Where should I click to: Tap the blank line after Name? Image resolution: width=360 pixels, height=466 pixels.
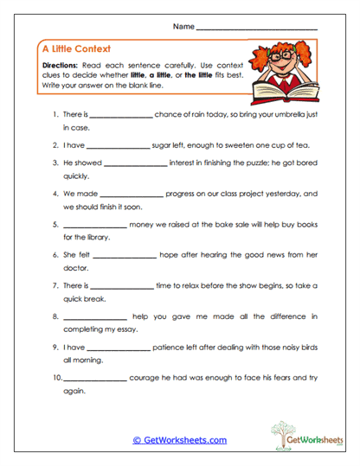(x=257, y=29)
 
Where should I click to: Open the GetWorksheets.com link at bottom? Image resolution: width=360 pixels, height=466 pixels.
(x=179, y=440)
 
